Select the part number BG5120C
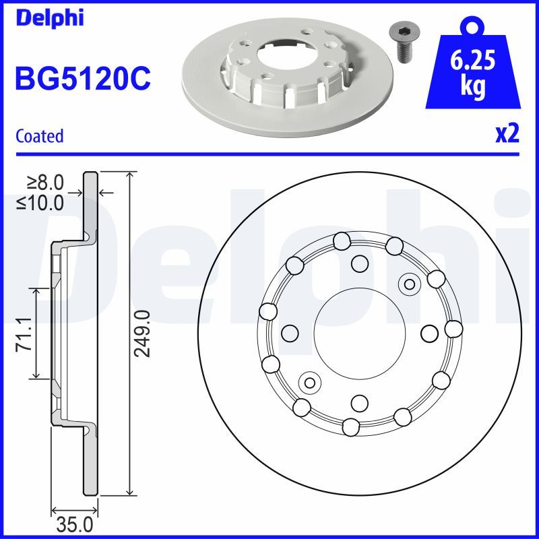82,80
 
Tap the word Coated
39,136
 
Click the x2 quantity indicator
507,134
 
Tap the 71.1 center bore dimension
22,334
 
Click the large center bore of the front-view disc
360,333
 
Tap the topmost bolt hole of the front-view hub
360,263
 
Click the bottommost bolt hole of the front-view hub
360,403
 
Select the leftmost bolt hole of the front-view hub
290,333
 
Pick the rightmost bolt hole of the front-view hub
429,333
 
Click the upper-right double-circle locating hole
408,284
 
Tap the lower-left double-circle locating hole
310,382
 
